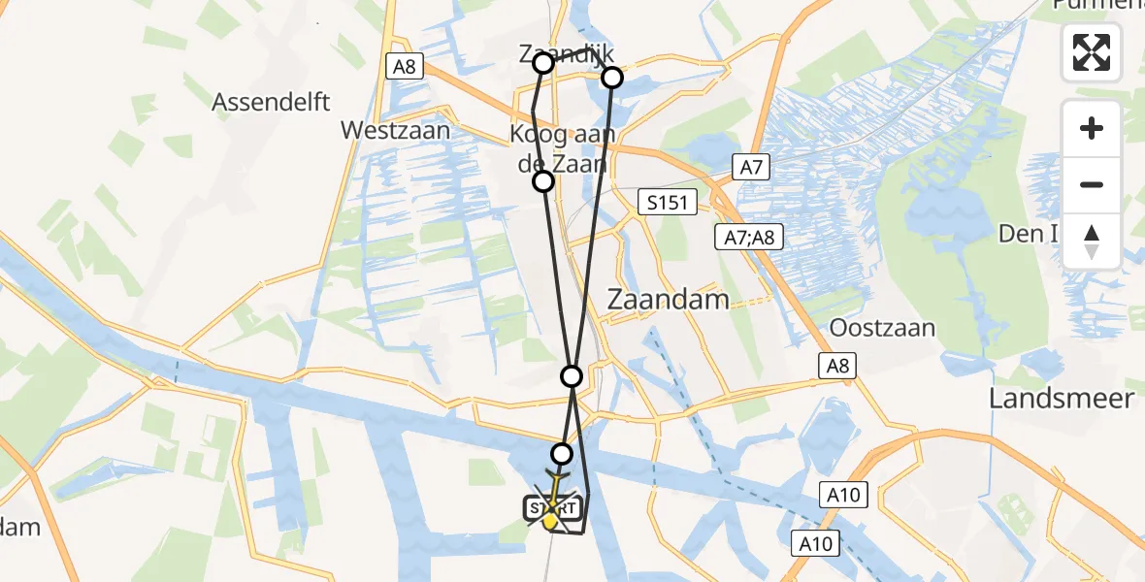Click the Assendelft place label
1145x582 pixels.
tap(272, 101)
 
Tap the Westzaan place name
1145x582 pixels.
tap(395, 130)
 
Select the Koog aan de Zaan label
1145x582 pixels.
tap(559, 148)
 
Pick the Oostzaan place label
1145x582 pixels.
tap(882, 327)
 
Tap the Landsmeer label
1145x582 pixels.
tap(1062, 398)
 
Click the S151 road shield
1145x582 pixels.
tap(669, 203)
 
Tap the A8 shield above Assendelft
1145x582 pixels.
tap(405, 66)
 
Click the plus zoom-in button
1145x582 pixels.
tap(1092, 128)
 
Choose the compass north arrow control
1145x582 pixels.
tap(1092, 240)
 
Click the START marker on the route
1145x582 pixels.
tap(552, 507)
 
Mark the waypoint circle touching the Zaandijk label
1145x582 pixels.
tap(543, 63)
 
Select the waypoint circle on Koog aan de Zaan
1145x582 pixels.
tap(543, 180)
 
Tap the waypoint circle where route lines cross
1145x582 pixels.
tap(572, 375)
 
